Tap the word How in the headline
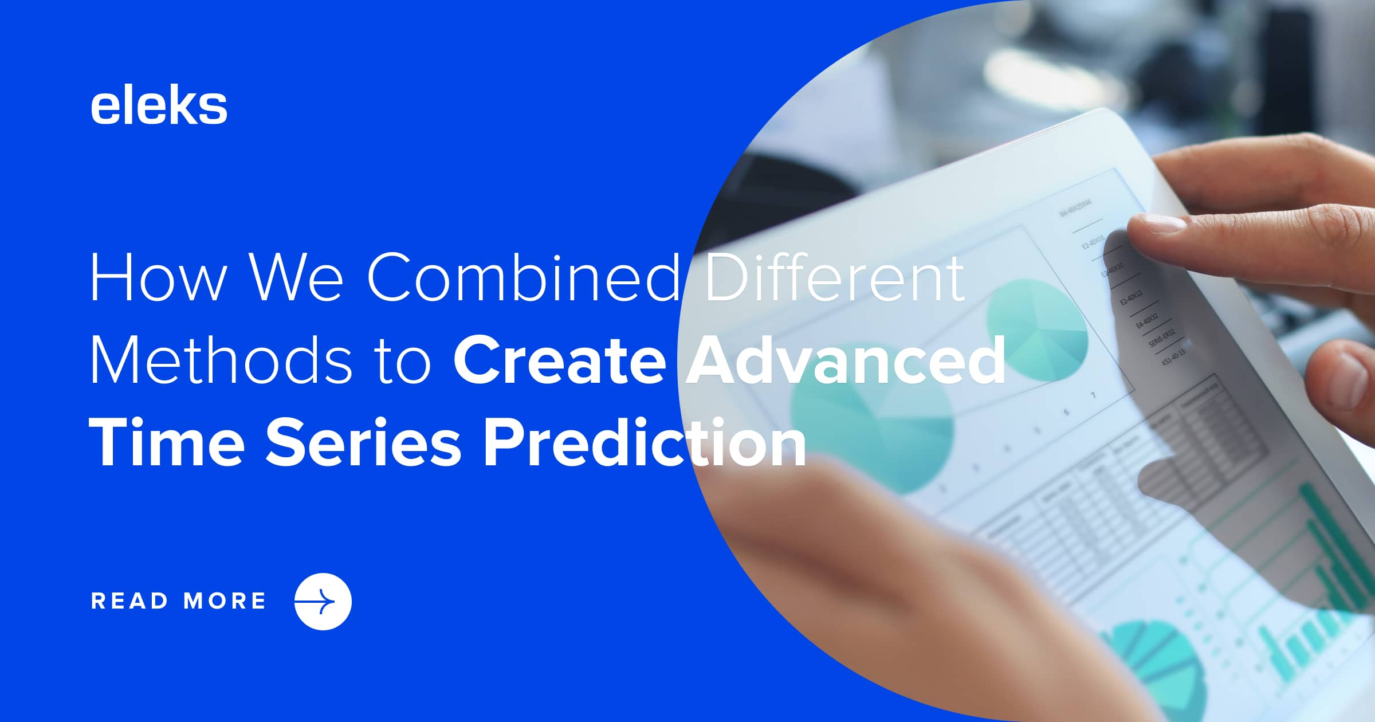pyautogui.click(x=158, y=278)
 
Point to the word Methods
pyautogui.click(x=221, y=361)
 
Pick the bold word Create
pyautogui.click(x=560, y=361)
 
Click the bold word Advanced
pyautogui.click(x=846, y=361)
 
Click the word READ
pyautogui.click(x=129, y=601)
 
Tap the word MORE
pyautogui.click(x=225, y=601)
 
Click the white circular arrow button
pyautogui.click(x=323, y=602)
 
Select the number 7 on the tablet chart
pyautogui.click(x=1093, y=395)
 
